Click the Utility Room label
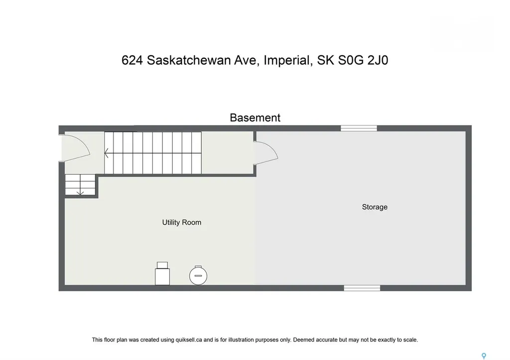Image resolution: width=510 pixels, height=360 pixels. click(x=182, y=223)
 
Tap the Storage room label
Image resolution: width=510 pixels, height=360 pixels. click(x=375, y=207)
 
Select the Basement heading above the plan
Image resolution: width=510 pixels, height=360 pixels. click(x=255, y=118)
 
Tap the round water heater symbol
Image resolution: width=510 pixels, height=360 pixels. click(x=198, y=274)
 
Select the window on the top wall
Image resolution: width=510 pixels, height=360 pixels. click(x=359, y=128)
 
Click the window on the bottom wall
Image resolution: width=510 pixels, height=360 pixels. click(x=362, y=288)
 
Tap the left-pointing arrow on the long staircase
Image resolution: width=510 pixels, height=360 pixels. click(x=107, y=153)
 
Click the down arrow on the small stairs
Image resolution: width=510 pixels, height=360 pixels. click(x=80, y=191)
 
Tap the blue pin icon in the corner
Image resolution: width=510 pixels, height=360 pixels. click(x=483, y=356)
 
